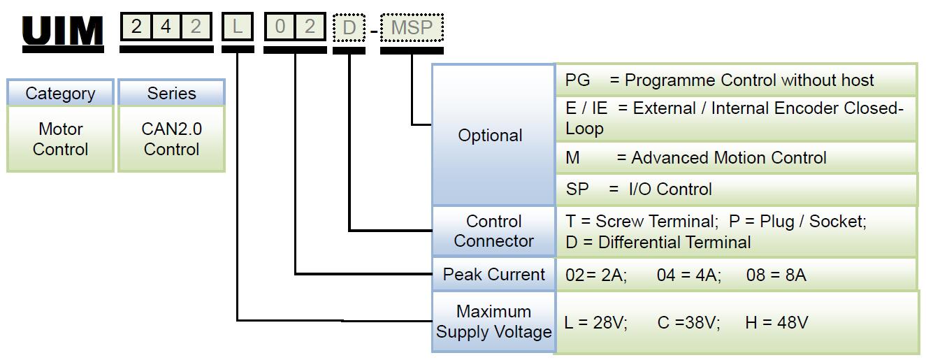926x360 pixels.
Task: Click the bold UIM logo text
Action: [x=63, y=32]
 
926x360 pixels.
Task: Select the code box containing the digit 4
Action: [x=166, y=27]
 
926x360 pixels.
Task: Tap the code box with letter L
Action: [x=238, y=27]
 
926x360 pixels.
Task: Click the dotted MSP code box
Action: [x=412, y=28]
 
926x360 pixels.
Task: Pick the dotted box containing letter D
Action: [x=349, y=28]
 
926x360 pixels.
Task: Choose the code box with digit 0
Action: [x=280, y=27]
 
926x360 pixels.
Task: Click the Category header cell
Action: [x=60, y=93]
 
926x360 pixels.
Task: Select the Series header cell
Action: [x=171, y=93]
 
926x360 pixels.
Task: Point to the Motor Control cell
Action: [x=60, y=138]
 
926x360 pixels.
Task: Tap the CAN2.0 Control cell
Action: [x=171, y=138]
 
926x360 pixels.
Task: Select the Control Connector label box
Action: [x=493, y=231]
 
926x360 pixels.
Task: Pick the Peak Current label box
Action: [x=493, y=274]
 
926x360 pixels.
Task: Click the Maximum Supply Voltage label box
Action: [x=493, y=322]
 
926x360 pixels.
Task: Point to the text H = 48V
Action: [x=776, y=322]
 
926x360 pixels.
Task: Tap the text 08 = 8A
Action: [x=776, y=275]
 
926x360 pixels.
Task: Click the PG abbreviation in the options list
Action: [x=577, y=80]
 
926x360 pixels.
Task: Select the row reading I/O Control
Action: [x=734, y=189]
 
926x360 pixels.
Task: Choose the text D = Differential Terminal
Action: [x=658, y=243]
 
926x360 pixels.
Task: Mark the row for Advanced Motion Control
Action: [x=734, y=158]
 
